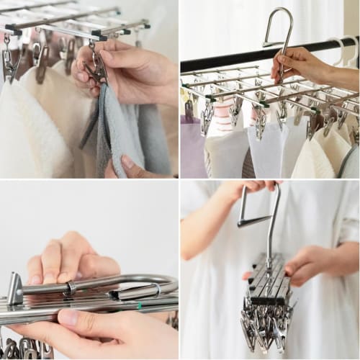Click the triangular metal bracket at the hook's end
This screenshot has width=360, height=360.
15,289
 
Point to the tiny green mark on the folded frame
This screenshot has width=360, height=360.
139,305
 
